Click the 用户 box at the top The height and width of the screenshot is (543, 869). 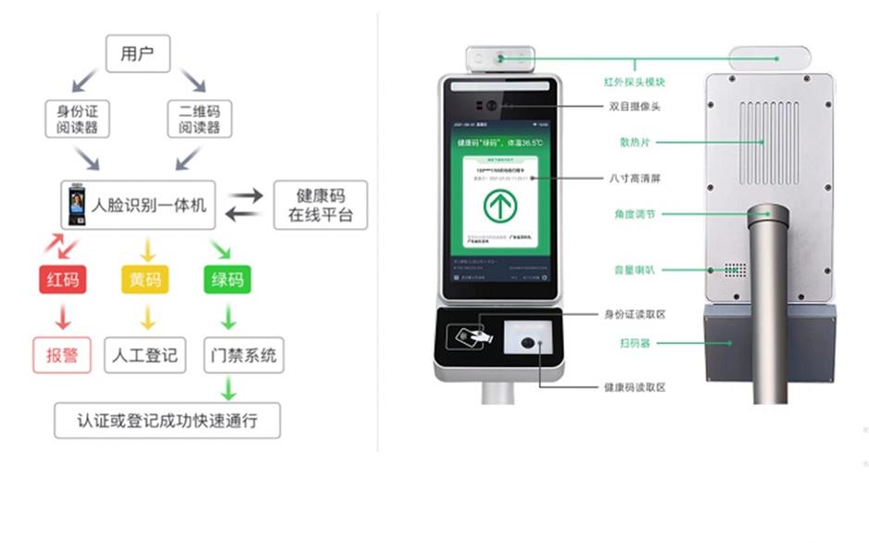coord(137,54)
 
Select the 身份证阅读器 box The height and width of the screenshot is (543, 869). coord(77,120)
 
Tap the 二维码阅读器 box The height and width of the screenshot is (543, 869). coord(199,120)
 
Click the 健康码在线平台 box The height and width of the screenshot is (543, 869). coord(321,206)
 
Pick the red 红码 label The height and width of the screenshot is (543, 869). coord(62,279)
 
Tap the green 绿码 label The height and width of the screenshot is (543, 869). coord(227,279)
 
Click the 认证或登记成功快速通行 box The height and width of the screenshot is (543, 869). coord(167,421)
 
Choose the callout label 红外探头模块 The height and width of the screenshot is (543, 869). coord(635,82)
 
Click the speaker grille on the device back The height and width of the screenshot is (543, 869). coord(735,270)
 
